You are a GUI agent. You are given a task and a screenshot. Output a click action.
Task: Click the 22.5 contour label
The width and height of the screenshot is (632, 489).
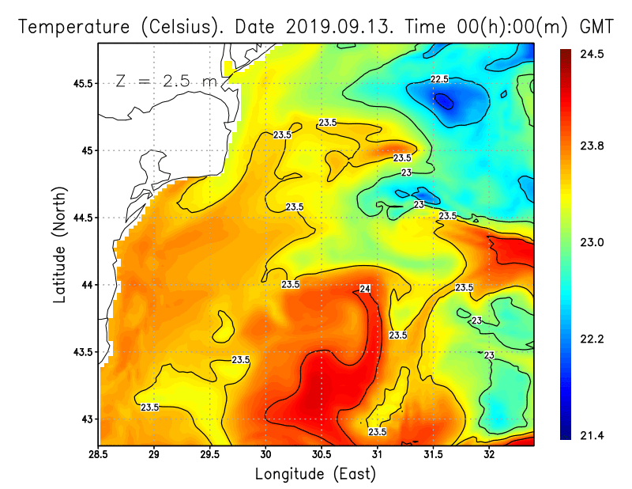(x=439, y=79)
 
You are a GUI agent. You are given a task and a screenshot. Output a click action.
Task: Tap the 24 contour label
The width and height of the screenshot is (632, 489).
(x=365, y=288)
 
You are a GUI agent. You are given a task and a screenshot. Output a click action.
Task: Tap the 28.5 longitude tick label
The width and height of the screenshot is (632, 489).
(x=99, y=455)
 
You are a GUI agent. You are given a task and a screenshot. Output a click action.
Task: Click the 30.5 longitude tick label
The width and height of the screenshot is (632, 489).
(x=322, y=455)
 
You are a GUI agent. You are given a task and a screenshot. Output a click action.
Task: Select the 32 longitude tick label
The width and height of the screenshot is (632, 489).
(x=489, y=455)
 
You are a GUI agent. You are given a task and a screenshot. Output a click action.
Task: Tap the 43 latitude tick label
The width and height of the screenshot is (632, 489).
(x=87, y=419)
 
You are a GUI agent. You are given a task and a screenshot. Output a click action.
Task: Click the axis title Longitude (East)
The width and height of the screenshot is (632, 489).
(x=315, y=474)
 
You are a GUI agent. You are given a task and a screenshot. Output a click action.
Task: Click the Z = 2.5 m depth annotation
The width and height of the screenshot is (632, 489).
(x=167, y=81)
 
